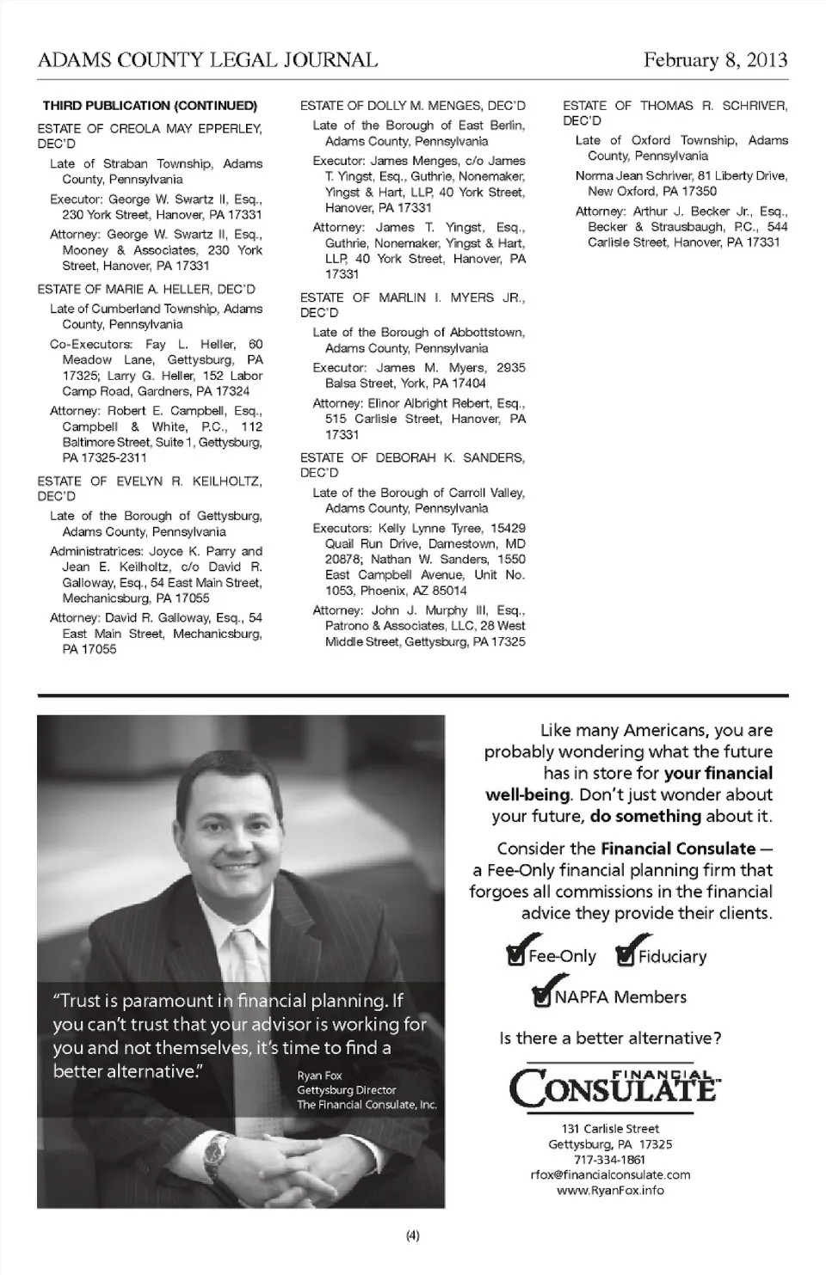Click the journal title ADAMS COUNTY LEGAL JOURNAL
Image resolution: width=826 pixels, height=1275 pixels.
(x=207, y=60)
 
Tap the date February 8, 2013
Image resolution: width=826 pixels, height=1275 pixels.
(x=715, y=60)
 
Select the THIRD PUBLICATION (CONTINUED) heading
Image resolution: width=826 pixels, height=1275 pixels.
(x=150, y=106)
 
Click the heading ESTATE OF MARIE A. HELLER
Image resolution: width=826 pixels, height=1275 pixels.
(x=146, y=290)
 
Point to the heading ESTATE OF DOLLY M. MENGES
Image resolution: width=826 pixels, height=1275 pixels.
(x=412, y=106)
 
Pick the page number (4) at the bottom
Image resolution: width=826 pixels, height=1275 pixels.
(x=412, y=1236)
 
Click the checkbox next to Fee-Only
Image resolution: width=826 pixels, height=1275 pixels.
(x=516, y=957)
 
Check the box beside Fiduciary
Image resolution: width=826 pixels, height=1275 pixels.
(x=626, y=957)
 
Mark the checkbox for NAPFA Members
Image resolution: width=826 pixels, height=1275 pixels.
(x=543, y=997)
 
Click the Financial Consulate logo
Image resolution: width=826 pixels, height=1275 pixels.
(x=613, y=1088)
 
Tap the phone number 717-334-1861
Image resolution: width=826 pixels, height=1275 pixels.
(x=610, y=1159)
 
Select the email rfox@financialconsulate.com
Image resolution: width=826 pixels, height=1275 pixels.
(x=610, y=1174)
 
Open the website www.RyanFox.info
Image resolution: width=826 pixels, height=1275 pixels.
(x=610, y=1191)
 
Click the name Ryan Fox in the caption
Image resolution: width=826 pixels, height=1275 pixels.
(x=319, y=1076)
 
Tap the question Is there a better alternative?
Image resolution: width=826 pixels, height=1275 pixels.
(x=610, y=1038)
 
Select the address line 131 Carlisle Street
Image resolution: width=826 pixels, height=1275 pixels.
(x=610, y=1129)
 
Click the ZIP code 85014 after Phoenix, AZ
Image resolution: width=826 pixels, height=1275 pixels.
(x=451, y=591)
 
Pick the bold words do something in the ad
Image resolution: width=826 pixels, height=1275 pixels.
(x=645, y=816)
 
